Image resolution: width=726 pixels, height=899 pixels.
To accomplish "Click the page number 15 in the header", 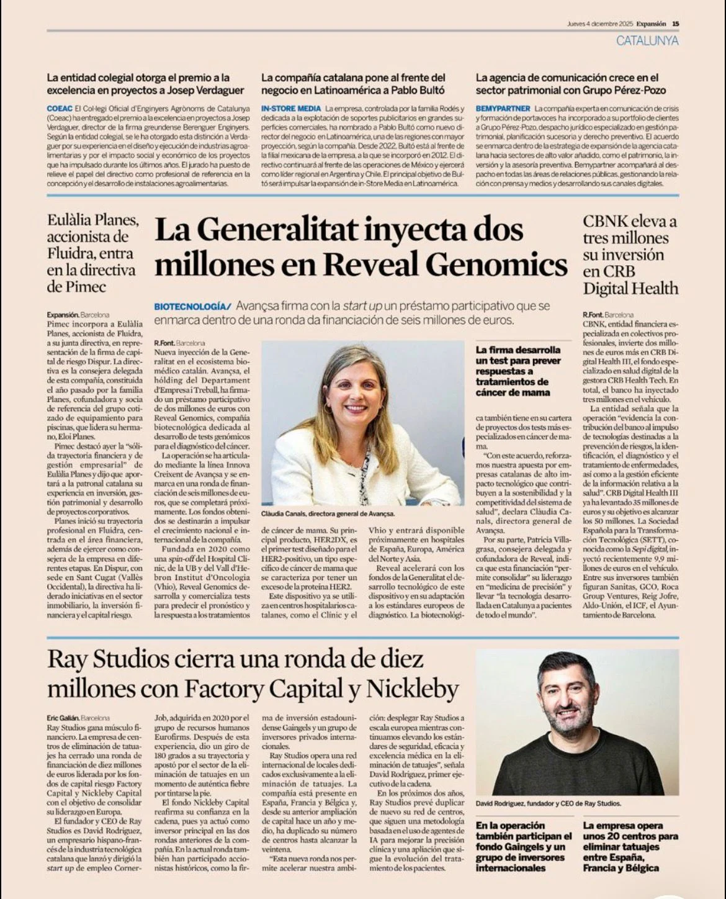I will [675, 24].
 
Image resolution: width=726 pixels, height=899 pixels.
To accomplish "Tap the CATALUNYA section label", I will [647, 41].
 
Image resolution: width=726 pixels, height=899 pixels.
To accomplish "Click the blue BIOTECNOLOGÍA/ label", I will [192, 307].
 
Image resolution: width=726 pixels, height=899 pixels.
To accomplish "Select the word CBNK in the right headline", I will [605, 222].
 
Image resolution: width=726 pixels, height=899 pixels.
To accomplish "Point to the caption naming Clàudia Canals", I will [328, 514].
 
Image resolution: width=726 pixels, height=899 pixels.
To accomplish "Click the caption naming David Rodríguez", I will [548, 803].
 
